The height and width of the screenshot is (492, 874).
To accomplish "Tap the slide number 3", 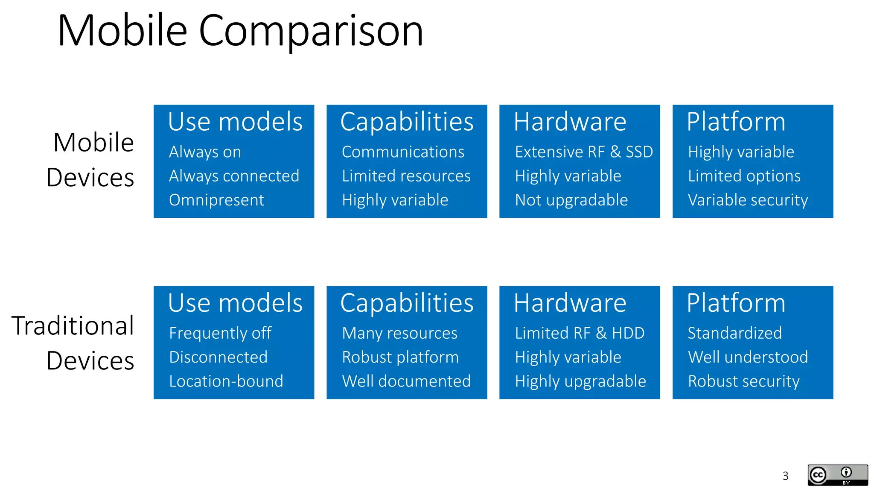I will (785, 476).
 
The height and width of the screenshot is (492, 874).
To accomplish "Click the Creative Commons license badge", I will (837, 475).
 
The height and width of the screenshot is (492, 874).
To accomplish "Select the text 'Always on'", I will (205, 152).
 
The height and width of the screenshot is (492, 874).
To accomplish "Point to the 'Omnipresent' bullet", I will (216, 200).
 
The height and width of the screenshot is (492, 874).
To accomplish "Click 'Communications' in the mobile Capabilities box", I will (403, 152).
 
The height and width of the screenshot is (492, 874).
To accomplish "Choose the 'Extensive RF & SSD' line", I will (584, 152).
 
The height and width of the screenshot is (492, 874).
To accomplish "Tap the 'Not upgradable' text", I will (571, 200).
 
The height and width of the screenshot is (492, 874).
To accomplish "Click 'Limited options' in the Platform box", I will (744, 176).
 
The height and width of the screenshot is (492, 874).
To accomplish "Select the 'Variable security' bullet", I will (748, 200).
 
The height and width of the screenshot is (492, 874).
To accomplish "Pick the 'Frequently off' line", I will (220, 333).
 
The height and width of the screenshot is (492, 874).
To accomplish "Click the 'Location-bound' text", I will (226, 381).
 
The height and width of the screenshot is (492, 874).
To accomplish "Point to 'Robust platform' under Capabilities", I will (400, 357).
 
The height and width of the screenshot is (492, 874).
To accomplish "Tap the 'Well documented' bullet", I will (406, 381).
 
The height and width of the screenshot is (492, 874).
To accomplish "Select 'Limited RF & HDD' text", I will (580, 333).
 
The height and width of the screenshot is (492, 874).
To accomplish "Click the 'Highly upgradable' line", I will (580, 381).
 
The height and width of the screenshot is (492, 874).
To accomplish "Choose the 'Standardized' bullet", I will (735, 333).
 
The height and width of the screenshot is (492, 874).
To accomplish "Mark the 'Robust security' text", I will (744, 381).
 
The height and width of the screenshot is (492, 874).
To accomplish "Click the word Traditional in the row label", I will (73, 325).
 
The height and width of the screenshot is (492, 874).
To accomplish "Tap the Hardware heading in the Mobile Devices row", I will (570, 122).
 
